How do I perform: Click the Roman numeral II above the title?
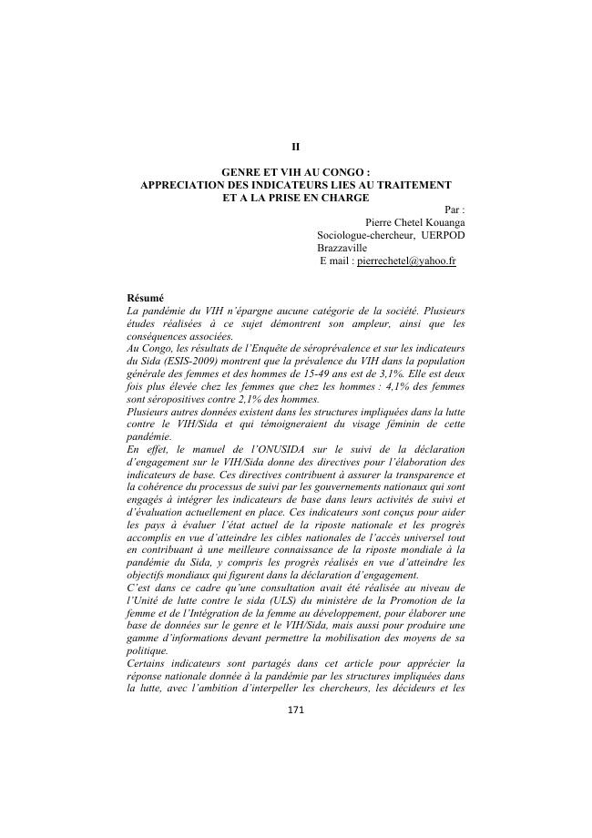[295, 146]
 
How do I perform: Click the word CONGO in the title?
[344, 171]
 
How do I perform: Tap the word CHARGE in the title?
[339, 197]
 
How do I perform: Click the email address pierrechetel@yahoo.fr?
[406, 261]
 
